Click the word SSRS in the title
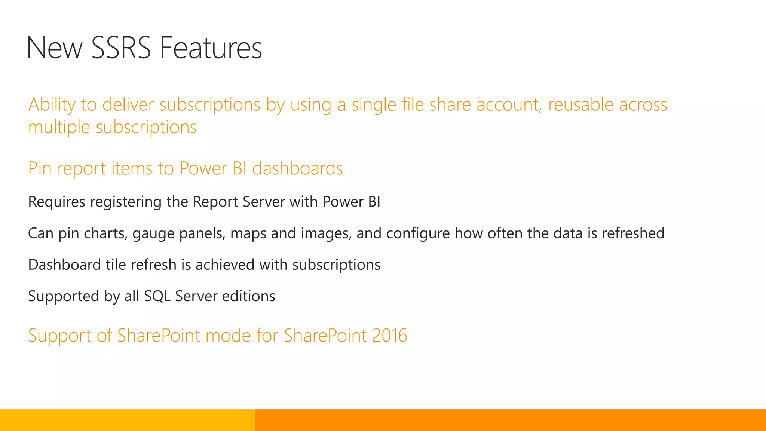point(121,48)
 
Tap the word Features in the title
point(211,48)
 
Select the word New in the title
point(55,48)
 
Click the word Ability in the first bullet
point(52,105)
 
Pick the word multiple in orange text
point(59,128)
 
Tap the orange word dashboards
point(297,168)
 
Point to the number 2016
point(389,336)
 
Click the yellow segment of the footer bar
point(127,420)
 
